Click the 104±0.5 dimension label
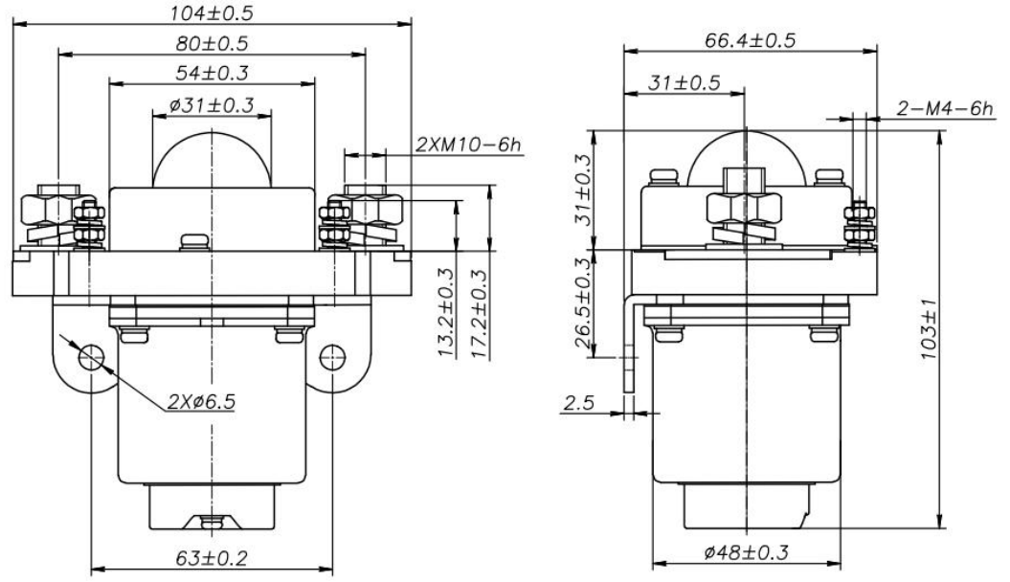point(212,12)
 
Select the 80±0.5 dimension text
point(212,44)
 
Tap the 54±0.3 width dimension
point(212,73)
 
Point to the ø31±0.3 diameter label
point(212,105)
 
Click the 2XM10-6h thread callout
point(468,145)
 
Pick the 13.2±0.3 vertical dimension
point(446,312)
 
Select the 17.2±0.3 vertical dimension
point(478,312)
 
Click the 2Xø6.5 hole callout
point(202,402)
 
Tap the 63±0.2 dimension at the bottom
point(212,557)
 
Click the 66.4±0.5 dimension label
point(751,40)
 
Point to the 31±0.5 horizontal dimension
point(685,83)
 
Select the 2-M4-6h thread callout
point(945,109)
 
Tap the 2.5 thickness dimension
point(578,404)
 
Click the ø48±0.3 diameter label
point(747,552)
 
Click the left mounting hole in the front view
point(91,357)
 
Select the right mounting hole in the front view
point(332,357)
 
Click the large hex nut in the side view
point(744,208)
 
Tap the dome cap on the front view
point(212,159)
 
